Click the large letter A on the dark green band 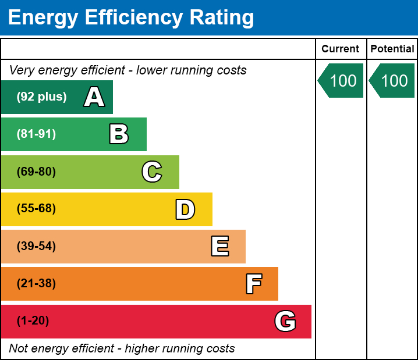[94, 97]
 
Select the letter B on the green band [119, 134]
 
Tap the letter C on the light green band [152, 172]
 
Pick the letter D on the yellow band [185, 209]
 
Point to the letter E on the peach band [219, 247]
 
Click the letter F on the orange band [253, 284]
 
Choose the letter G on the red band [285, 321]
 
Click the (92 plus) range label [41, 97]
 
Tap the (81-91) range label [36, 134]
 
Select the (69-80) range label [36, 172]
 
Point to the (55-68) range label [36, 209]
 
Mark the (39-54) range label [36, 247]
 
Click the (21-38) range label [36, 284]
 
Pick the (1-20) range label [33, 321]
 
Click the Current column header [340, 49]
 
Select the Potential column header [392, 49]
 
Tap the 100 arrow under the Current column [342, 80]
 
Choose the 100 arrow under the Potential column [393, 80]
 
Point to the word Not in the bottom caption [19, 348]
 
